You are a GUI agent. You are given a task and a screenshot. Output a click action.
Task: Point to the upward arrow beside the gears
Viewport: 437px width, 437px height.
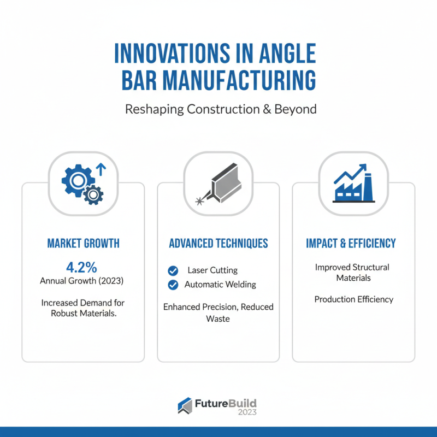click(101, 169)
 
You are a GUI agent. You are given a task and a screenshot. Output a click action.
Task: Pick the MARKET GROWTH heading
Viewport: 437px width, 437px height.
click(83, 243)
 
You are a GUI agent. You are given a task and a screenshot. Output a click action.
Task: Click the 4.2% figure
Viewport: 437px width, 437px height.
click(81, 267)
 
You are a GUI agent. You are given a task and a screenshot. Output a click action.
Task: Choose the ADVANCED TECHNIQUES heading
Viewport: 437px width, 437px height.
click(218, 243)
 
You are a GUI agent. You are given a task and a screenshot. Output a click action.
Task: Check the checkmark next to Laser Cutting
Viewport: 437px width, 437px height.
click(173, 270)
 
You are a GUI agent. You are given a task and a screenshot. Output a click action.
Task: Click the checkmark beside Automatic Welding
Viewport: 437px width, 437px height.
click(173, 285)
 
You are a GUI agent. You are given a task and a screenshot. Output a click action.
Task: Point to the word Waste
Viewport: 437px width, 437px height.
click(218, 318)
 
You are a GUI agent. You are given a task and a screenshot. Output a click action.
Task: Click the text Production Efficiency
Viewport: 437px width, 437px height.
click(354, 299)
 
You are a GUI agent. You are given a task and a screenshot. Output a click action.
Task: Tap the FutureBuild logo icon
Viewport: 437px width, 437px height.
click(185, 405)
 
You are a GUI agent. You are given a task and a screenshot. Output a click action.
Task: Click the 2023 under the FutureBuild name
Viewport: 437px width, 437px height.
click(247, 412)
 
